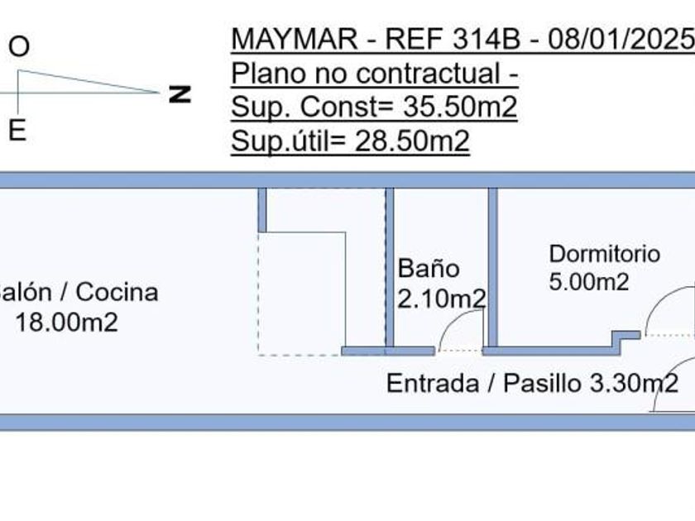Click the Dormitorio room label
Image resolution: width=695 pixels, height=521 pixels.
[604, 254]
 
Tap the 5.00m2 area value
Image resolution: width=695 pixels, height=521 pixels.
[588, 282]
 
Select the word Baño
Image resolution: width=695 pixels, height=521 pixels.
[428, 268]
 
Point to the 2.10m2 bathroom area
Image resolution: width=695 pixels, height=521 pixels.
[440, 299]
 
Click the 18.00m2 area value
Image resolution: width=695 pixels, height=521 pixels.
[66, 322]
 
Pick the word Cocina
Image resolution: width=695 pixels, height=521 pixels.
[117, 292]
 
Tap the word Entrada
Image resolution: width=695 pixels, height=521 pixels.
[432, 384]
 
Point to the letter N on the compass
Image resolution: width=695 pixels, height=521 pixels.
[180, 93]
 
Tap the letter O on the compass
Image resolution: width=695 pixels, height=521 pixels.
[18, 47]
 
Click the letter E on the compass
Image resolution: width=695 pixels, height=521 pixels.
[17, 130]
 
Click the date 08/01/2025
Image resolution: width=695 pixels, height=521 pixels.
[631, 39]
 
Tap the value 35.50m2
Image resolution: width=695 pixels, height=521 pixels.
[459, 108]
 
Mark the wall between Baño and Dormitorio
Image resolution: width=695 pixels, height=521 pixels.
[492, 266]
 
